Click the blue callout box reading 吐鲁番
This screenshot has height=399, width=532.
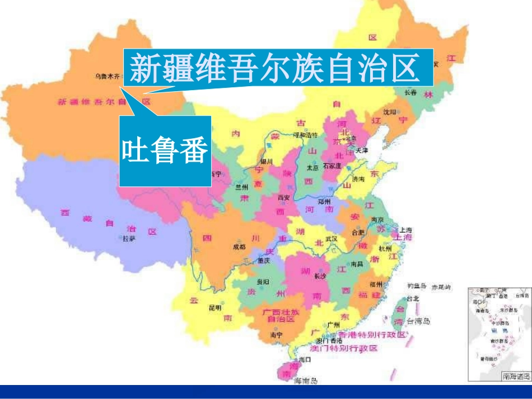click(x=165, y=152)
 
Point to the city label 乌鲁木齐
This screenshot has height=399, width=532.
click(x=106, y=76)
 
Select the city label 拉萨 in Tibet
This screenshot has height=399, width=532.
click(x=129, y=238)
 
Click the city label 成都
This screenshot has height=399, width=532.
click(x=239, y=246)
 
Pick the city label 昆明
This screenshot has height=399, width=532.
click(x=215, y=307)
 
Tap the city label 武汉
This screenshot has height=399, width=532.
click(x=332, y=238)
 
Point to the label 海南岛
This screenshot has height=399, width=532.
click(x=306, y=381)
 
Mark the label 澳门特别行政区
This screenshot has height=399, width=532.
click(x=347, y=348)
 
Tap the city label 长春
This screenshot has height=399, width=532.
click(x=410, y=92)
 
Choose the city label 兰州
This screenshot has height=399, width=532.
click(x=241, y=187)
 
